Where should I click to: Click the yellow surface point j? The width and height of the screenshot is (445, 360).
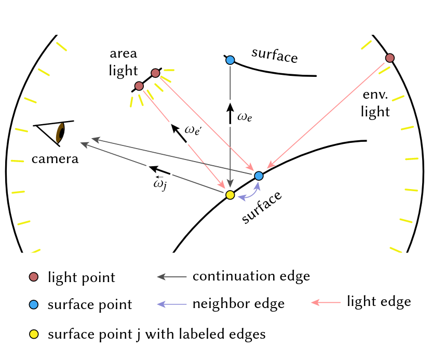(x=230, y=195)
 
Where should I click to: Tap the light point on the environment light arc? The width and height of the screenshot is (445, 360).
(x=390, y=57)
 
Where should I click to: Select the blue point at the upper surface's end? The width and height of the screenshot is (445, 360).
(x=230, y=60)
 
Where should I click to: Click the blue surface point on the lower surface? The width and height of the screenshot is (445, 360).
(x=259, y=176)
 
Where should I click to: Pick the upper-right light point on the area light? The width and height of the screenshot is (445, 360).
(x=155, y=73)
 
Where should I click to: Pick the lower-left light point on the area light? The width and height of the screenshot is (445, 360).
(x=139, y=86)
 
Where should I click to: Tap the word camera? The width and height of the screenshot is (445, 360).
(x=55, y=158)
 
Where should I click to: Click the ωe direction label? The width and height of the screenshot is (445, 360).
(x=244, y=117)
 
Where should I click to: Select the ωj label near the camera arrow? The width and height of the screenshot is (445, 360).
(x=160, y=183)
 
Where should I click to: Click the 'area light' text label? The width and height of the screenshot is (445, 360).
(x=124, y=62)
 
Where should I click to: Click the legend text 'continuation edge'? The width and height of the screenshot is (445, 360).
(x=251, y=276)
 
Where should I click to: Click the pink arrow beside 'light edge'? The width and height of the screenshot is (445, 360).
(x=326, y=302)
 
